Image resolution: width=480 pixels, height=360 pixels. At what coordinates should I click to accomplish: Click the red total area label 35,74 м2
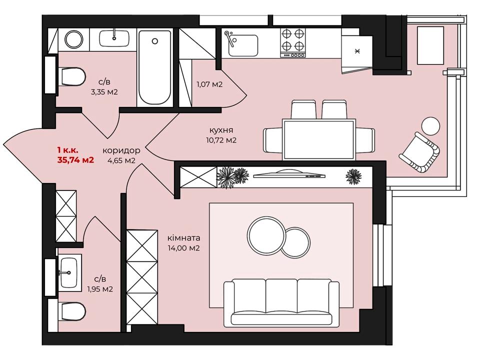75,159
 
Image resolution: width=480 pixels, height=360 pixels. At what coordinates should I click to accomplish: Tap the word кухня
221,130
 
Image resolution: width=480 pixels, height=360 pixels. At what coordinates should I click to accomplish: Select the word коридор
121,150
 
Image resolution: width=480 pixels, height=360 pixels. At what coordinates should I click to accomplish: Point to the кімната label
183,238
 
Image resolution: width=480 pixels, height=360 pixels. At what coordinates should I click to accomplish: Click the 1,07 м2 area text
209,84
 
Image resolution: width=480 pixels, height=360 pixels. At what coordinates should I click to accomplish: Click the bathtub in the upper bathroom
154,67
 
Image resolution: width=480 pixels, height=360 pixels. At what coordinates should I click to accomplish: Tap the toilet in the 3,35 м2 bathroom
73,76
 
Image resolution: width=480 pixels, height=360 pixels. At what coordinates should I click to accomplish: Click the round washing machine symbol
74,39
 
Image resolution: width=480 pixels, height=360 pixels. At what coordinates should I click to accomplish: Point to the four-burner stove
293,42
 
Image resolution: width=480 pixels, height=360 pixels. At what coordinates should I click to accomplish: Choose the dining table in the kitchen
319,139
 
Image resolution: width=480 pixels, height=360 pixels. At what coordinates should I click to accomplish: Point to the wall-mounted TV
289,175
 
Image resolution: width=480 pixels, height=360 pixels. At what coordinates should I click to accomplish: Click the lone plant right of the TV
353,177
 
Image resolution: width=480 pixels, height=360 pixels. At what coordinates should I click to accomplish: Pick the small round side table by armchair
430,126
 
